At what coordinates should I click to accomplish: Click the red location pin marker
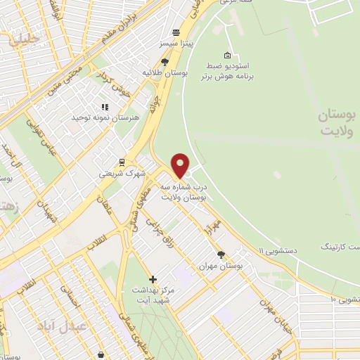(x=181, y=166)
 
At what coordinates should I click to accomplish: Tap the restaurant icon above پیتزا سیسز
(x=176, y=32)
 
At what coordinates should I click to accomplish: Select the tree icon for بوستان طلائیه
(x=165, y=62)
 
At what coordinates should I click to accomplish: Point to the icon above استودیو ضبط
(x=227, y=55)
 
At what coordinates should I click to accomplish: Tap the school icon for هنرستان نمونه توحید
(x=105, y=108)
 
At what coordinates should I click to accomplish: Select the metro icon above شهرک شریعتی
(x=122, y=162)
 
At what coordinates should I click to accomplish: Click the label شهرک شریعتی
(x=121, y=172)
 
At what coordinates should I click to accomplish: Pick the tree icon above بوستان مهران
(x=221, y=255)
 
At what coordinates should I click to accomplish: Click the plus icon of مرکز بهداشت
(x=153, y=279)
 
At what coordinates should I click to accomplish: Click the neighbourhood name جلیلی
(x=24, y=39)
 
